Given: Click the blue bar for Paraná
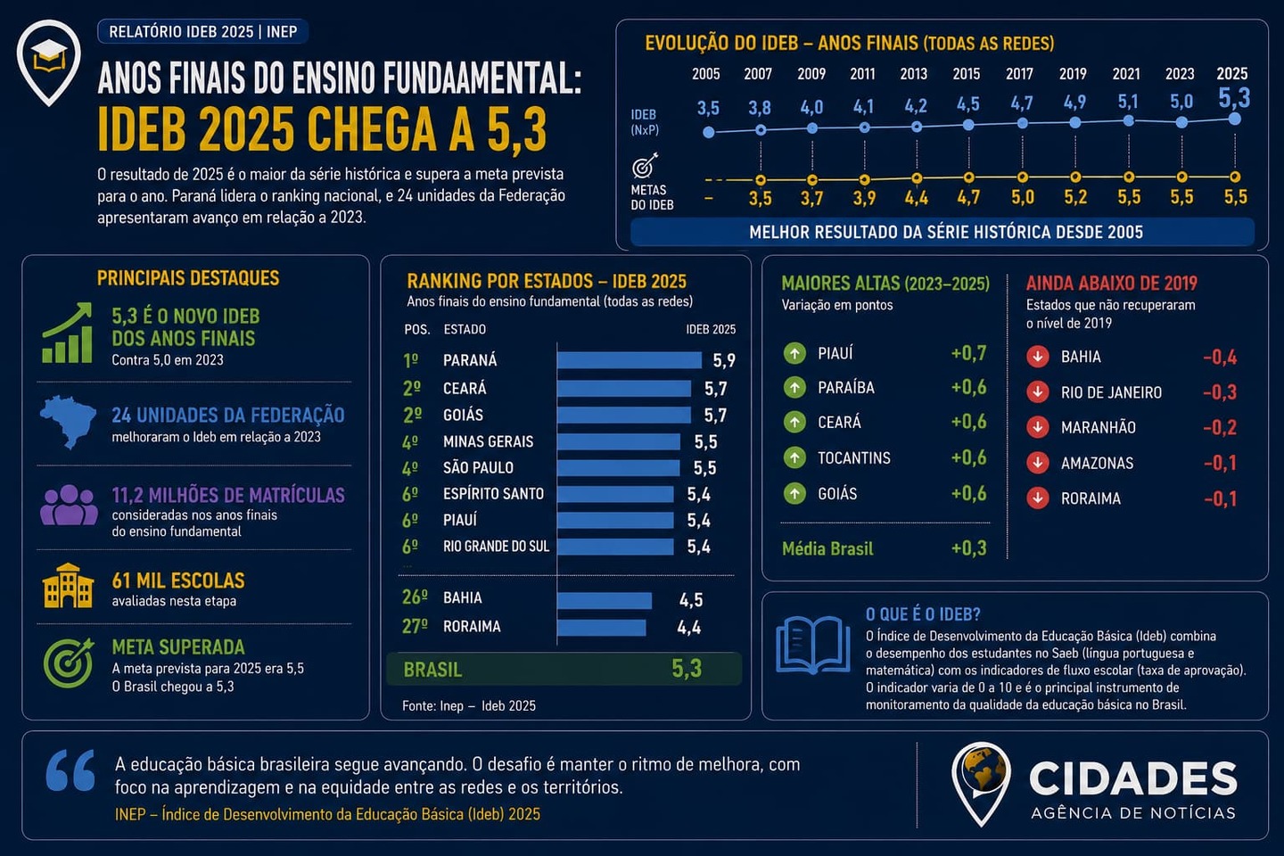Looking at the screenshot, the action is (x=630, y=360).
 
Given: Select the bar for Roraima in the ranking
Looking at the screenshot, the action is (x=601, y=627).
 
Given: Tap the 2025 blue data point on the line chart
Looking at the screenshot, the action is (x=1235, y=119).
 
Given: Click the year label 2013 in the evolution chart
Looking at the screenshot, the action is (x=914, y=74).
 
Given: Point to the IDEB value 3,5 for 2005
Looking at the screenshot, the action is (x=709, y=108).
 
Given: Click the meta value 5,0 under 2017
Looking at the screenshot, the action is (x=1023, y=198).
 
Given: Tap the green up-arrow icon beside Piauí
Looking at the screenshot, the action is (x=794, y=353).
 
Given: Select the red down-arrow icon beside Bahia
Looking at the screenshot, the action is (x=1038, y=356).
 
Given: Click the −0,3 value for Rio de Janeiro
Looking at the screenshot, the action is (x=1220, y=392).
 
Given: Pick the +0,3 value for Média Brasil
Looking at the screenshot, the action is (x=968, y=548).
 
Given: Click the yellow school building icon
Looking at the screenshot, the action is (x=68, y=586).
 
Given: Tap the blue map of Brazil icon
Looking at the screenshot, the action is (x=68, y=422).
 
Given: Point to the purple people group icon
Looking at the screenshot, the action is (x=69, y=505).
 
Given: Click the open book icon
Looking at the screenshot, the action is (x=813, y=646).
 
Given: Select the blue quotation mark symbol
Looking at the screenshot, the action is (x=70, y=771).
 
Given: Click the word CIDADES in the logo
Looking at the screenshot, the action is (x=1132, y=778).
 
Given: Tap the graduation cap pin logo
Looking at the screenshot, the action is (x=49, y=62).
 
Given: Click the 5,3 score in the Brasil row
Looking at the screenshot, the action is (x=687, y=669).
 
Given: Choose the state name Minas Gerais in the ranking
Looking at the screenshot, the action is (x=488, y=441).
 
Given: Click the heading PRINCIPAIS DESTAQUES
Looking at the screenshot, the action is (x=188, y=278).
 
